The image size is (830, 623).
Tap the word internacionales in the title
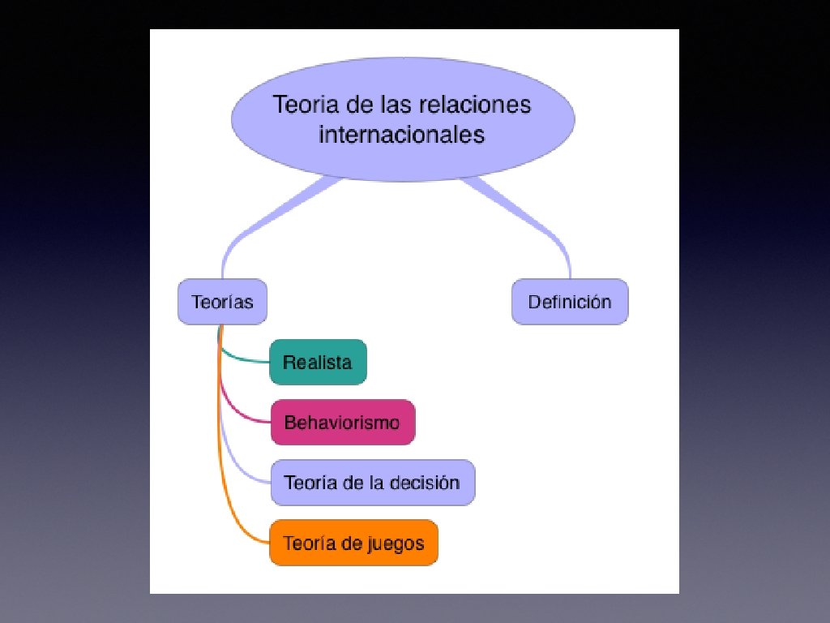401,134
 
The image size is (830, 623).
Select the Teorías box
222,303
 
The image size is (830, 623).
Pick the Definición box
570,303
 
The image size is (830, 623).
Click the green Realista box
318,362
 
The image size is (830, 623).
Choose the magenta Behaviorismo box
342,423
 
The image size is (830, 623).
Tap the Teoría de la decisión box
371,483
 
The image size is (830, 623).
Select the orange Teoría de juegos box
353,543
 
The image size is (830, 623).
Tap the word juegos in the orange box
397,543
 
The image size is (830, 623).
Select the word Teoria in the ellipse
306,105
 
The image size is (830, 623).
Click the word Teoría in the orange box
308,543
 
